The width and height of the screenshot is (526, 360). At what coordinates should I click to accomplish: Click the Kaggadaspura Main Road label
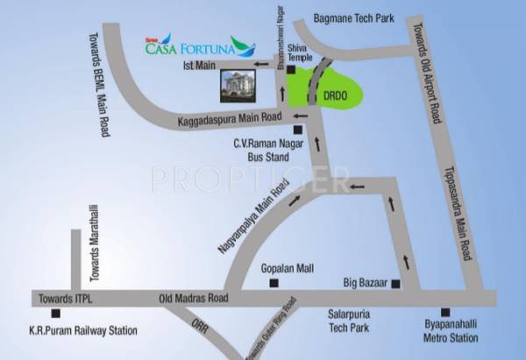pyautogui.click(x=229, y=117)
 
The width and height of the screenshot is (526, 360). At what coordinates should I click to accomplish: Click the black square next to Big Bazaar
pyautogui.click(x=396, y=283)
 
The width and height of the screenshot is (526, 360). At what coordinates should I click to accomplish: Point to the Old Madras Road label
pyautogui.click(x=193, y=299)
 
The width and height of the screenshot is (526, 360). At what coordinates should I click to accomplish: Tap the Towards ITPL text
pyautogui.click(x=61, y=299)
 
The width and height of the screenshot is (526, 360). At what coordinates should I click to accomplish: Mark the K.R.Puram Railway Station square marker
pyautogui.click(x=55, y=313)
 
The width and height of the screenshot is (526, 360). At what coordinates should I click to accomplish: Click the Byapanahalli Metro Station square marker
pyautogui.click(x=445, y=312)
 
